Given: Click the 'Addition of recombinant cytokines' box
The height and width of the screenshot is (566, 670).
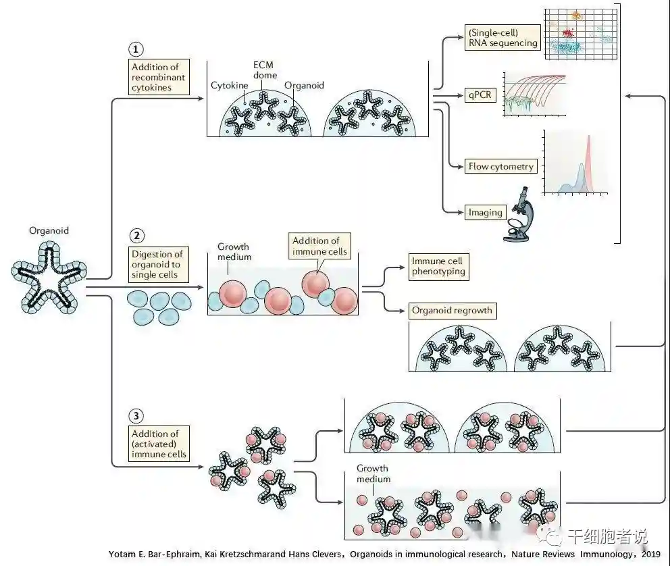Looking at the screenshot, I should tap(157, 77).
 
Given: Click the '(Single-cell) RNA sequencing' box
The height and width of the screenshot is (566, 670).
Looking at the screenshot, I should tap(502, 37).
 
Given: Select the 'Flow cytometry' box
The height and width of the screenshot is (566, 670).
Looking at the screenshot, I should tap(500, 166).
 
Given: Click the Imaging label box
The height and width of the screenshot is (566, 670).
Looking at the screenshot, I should tap(486, 212).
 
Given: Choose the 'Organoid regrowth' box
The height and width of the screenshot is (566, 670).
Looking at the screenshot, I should tap(452, 311).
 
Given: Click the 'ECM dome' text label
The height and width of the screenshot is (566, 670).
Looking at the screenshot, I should tap(263, 68).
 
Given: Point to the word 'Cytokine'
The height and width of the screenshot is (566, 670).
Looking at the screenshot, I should tap(228, 86).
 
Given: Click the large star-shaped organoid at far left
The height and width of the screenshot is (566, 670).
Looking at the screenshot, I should tap(49, 280).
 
